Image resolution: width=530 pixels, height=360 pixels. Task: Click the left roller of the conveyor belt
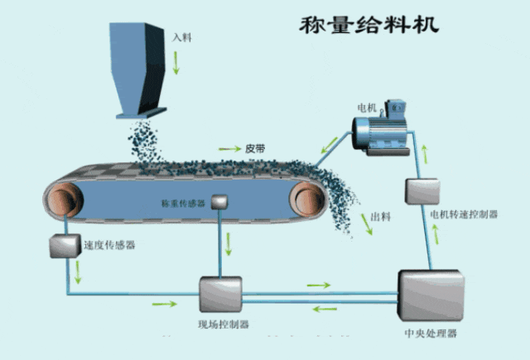(x=63, y=199)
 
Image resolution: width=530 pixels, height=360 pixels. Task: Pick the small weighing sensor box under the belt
(x=220, y=201)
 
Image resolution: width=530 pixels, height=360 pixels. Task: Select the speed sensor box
(x=63, y=246)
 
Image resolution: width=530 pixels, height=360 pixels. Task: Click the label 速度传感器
(x=110, y=245)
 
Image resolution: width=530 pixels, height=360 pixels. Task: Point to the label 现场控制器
(x=223, y=324)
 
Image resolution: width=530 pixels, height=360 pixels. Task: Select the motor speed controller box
(x=416, y=191)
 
